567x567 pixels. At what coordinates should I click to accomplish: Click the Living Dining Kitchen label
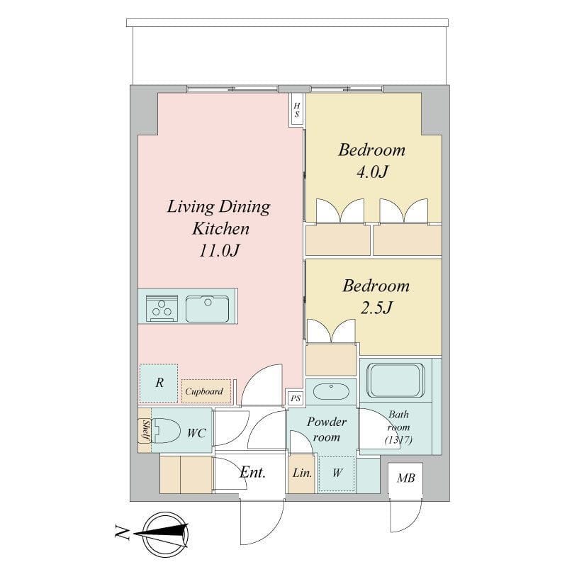[x=218, y=218]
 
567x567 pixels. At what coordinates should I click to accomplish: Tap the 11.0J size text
[x=218, y=251]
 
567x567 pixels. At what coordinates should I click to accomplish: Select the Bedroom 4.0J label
[x=371, y=160]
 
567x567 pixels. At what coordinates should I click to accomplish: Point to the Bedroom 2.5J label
[x=376, y=296]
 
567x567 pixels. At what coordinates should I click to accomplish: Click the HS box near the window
[x=297, y=109]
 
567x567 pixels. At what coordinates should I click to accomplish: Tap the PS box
[x=295, y=399]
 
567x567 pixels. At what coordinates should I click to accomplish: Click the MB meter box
[x=405, y=478]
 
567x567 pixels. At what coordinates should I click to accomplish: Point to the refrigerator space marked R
[x=159, y=383]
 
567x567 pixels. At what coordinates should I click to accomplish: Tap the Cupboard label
[x=204, y=391]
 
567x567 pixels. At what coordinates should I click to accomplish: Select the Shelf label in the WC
[x=145, y=432]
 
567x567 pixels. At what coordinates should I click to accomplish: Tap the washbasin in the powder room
[x=330, y=391]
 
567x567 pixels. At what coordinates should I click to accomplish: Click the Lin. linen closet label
[x=302, y=473]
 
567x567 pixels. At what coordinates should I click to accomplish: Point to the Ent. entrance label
[x=252, y=473]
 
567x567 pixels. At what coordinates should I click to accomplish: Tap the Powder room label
[x=327, y=429]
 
